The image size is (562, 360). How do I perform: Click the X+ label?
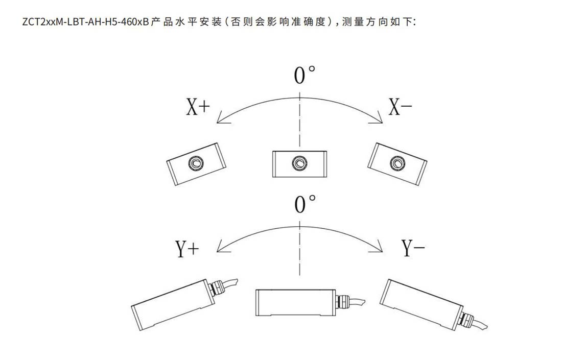[198, 108]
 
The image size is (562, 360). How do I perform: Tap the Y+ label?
[188, 249]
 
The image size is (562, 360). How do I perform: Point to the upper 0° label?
[305, 75]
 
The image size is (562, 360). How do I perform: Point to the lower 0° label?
[305, 204]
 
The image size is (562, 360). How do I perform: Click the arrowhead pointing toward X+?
[220, 121]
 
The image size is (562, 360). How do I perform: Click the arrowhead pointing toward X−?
[379, 121]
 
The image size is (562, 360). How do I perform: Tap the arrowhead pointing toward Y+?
[220, 250]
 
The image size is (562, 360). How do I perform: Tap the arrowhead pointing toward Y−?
[379, 249]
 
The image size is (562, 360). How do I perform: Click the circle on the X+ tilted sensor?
[195, 163]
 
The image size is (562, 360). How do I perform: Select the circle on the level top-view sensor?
[299, 163]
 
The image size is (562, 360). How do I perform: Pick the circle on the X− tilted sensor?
[397, 163]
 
